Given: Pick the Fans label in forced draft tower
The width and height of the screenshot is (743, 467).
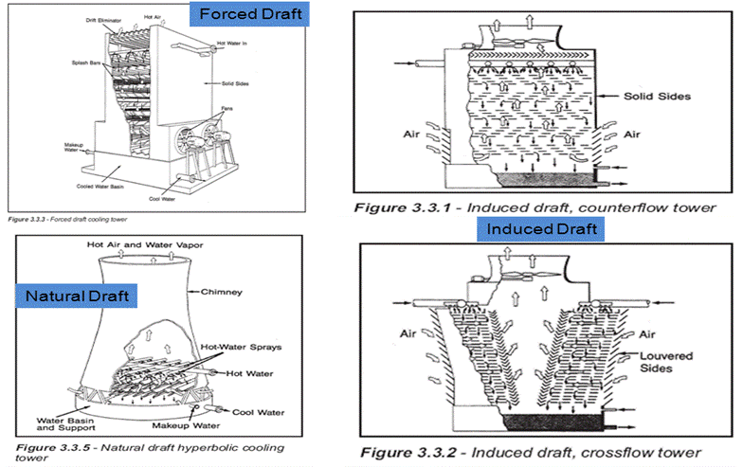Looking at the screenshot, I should click(x=227, y=110).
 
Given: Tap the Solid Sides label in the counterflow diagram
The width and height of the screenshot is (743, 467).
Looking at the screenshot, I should click(x=659, y=97).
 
